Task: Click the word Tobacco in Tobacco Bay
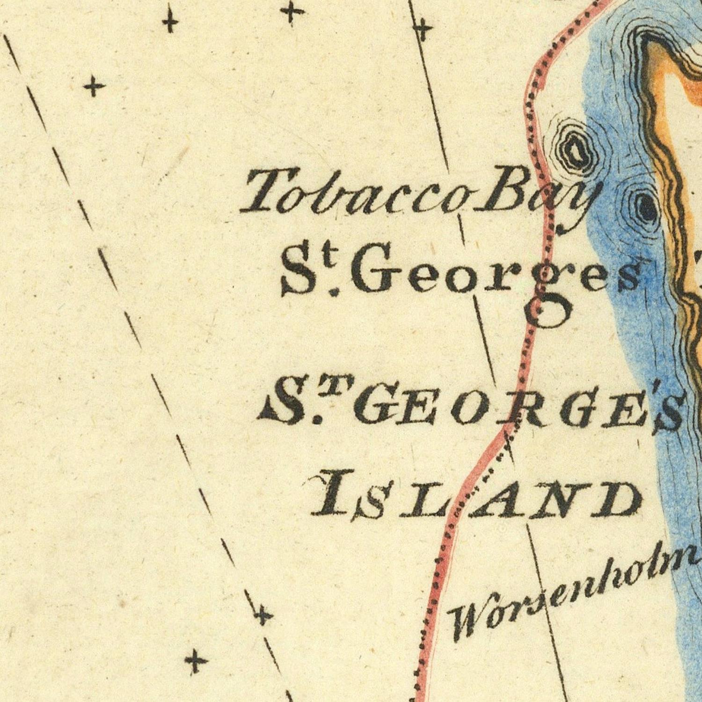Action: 356,192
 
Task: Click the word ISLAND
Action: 475,498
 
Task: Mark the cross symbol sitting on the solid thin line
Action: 423,31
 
